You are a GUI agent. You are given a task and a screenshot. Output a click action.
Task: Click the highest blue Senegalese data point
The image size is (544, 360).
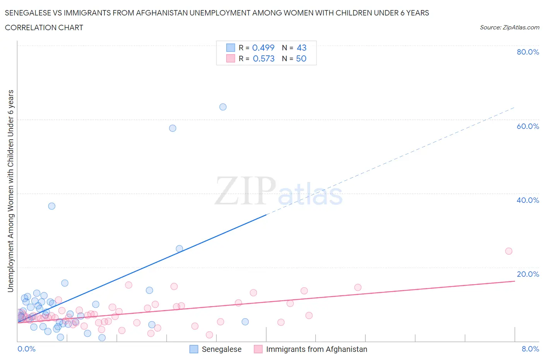click(x=223, y=107)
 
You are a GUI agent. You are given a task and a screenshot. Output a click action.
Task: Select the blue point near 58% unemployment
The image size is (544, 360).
click(x=173, y=128)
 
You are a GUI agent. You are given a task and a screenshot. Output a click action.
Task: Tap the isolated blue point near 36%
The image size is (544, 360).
click(x=51, y=206)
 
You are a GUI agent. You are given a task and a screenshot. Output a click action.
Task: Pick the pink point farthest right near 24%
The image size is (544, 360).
click(x=509, y=251)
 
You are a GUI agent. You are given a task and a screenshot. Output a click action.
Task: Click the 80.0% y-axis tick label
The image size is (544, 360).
click(x=528, y=52)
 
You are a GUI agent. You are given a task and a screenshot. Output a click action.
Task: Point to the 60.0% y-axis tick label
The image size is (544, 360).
click(x=528, y=126)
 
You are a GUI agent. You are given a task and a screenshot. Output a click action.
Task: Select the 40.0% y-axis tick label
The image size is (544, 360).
click(x=528, y=200)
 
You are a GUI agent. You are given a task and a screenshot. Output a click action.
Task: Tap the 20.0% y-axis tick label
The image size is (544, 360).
click(x=528, y=274)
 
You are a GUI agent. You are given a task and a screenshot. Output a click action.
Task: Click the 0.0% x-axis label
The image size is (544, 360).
click(x=26, y=349)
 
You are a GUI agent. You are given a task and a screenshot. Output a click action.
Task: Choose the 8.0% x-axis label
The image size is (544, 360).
click(x=530, y=349)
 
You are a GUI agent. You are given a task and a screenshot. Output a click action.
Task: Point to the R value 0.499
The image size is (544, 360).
click(x=263, y=48)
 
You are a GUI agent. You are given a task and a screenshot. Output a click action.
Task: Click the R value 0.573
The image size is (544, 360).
click(x=263, y=58)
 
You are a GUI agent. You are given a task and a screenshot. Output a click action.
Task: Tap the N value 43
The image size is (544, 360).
click(x=301, y=48)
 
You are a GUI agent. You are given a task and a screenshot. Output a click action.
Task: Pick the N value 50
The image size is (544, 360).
click(x=301, y=58)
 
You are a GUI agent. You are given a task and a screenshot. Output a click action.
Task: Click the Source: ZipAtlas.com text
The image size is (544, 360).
click(x=509, y=27)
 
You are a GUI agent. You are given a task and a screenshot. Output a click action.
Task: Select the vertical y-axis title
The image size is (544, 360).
click(x=10, y=191)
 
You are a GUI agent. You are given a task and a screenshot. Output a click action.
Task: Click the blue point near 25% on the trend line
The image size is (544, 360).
click(x=179, y=249)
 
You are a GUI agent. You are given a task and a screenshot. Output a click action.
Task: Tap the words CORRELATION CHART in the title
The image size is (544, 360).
click(x=44, y=27)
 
